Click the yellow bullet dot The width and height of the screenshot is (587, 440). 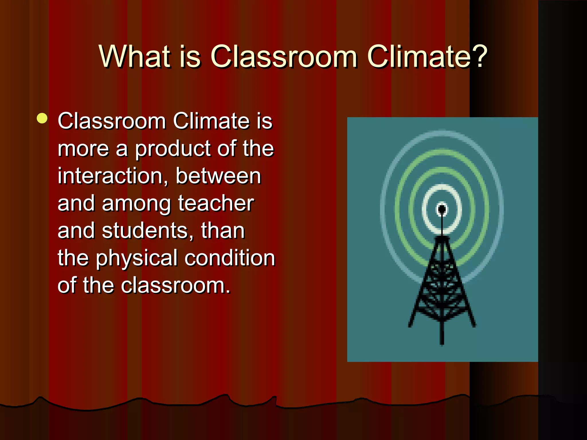[42, 118]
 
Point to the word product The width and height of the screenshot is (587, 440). [173, 149]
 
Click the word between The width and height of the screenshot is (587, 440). [218, 176]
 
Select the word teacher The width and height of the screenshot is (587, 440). [216, 203]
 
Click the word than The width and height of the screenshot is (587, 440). [223, 230]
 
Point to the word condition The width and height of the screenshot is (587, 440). [230, 258]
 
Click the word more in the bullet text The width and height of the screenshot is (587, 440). [83, 149]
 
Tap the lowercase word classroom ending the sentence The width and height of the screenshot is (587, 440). [175, 286]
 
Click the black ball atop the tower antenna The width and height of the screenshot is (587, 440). [442, 209]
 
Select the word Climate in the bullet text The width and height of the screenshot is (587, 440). [212, 121]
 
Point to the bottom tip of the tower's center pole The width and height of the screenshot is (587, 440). [442, 343]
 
